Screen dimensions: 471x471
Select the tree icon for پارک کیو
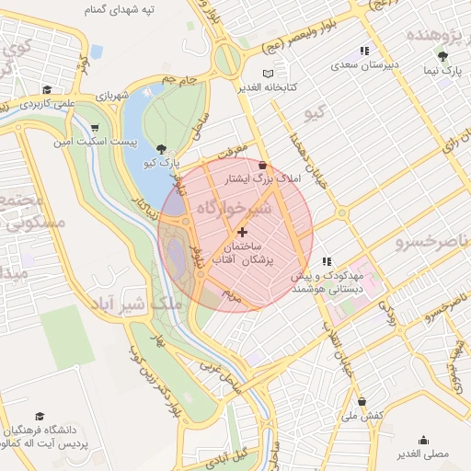tap(162, 148)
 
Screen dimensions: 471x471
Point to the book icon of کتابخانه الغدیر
tap(268, 74)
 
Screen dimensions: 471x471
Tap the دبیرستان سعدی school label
tap(364, 65)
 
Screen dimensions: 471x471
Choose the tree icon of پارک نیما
tap(442, 56)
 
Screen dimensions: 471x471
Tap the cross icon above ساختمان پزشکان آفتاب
tap(242, 233)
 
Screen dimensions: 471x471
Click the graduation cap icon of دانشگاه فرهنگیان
tap(40, 417)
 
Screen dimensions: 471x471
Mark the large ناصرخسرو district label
tap(431, 242)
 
